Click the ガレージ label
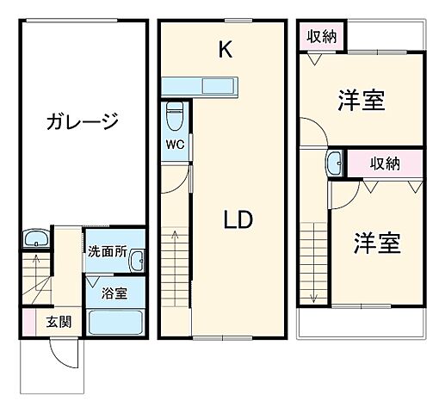click(x=82, y=122)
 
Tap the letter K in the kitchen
click(x=225, y=50)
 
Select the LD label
click(x=238, y=220)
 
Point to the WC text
click(x=176, y=144)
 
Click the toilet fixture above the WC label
click(x=176, y=114)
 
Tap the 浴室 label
click(x=114, y=293)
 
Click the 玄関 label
click(x=59, y=323)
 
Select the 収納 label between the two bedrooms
click(x=384, y=163)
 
